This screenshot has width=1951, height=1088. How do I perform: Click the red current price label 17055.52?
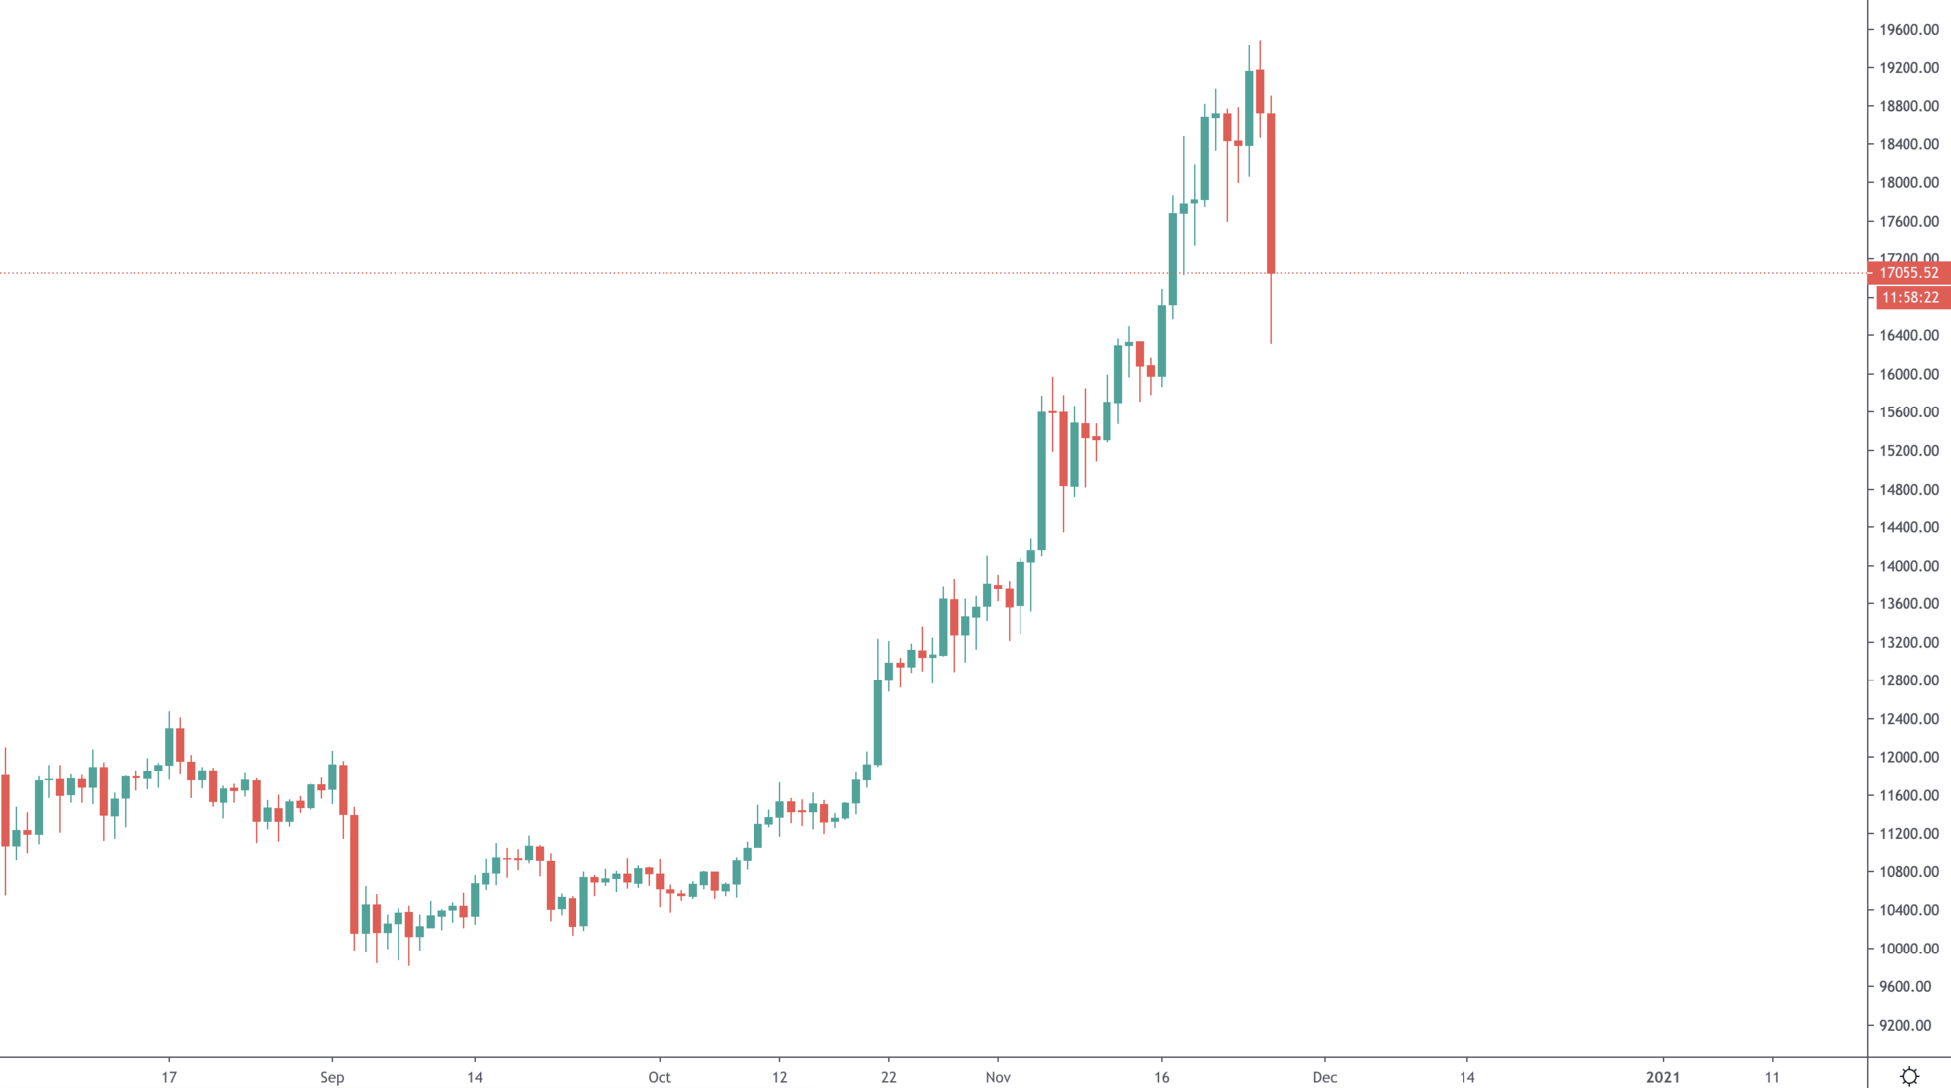click(1908, 273)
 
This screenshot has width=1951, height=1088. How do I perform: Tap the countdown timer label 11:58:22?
click(1910, 298)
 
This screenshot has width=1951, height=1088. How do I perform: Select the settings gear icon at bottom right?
click(1909, 1076)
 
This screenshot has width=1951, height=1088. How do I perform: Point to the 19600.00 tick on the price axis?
click(1908, 30)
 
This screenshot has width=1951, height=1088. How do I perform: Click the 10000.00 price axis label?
click(1908, 949)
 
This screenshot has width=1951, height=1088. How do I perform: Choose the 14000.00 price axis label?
click(1908, 566)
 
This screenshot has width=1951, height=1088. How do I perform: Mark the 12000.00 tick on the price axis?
click(1908, 758)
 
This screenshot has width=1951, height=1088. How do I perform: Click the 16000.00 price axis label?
click(1908, 375)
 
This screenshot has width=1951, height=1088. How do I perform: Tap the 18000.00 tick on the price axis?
click(1908, 183)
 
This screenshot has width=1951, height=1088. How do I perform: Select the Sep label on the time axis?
click(332, 1077)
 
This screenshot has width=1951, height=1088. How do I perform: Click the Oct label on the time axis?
click(660, 1077)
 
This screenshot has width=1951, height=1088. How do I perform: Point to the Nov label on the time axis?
click(998, 1077)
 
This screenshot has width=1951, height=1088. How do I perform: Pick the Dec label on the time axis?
click(1325, 1077)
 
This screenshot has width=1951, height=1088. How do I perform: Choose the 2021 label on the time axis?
click(1663, 1077)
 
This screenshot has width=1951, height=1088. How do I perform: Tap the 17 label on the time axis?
click(169, 1077)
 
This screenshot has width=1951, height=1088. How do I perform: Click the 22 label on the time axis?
click(889, 1077)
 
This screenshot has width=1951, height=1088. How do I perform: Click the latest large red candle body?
click(1271, 193)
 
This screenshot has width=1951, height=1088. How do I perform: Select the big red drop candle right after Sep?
click(354, 873)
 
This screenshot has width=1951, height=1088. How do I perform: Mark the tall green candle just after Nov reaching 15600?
click(1042, 481)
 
